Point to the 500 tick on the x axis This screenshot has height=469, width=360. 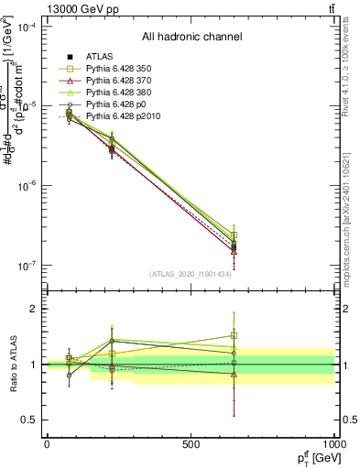pos(191,444)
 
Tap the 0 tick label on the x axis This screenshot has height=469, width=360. pos(47,444)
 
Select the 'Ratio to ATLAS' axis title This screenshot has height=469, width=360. pos(12,364)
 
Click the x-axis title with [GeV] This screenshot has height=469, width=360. pos(313,458)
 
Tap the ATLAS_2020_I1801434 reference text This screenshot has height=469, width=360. pos(191,274)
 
